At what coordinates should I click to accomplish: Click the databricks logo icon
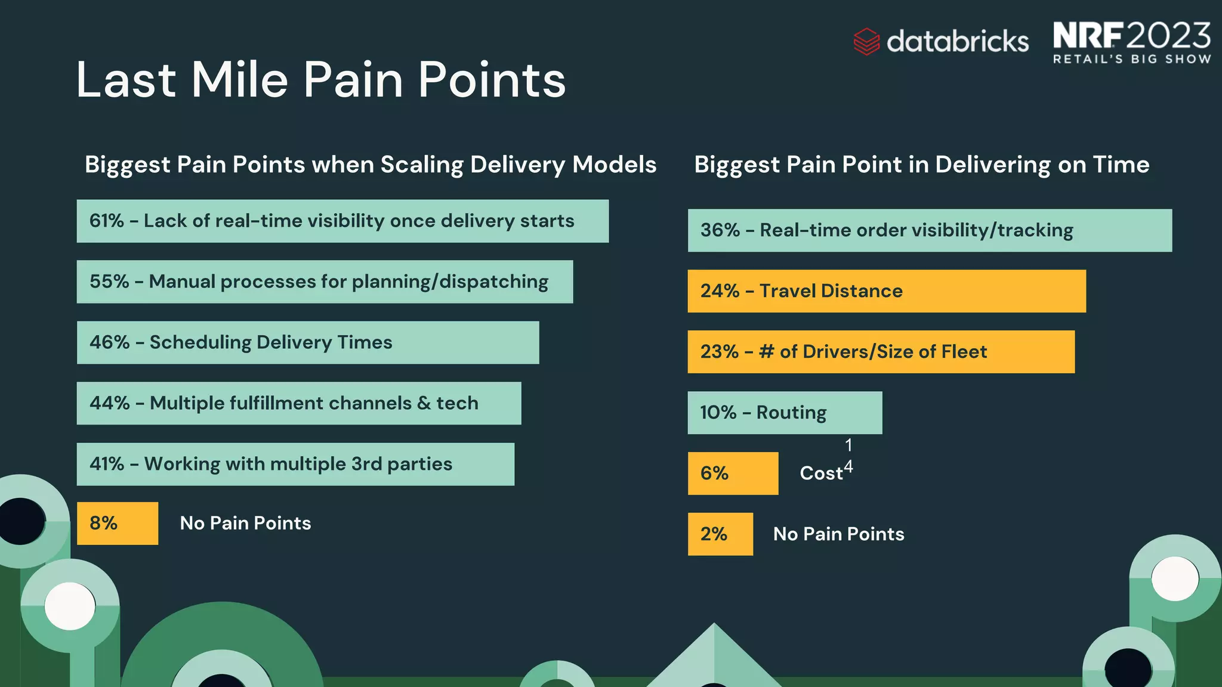(866, 42)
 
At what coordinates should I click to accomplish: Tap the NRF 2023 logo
(1131, 42)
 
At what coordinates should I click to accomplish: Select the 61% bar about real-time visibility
(342, 221)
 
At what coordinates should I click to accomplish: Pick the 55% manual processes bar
(325, 282)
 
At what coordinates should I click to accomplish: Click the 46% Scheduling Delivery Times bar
(308, 343)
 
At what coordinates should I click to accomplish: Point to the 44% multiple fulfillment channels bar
(298, 404)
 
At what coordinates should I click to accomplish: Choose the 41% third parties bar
(295, 465)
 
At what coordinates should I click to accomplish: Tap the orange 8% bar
(118, 524)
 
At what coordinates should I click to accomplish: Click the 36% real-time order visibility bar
(930, 231)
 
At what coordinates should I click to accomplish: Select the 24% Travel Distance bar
(887, 292)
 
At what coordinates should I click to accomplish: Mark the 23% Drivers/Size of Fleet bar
(881, 352)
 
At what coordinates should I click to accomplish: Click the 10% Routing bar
(785, 413)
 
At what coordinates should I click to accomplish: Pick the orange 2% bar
(720, 534)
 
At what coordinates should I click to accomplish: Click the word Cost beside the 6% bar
(821, 474)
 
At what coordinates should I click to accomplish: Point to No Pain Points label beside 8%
(245, 524)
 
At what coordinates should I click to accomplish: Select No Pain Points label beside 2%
(838, 534)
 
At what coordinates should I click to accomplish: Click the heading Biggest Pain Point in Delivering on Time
(921, 165)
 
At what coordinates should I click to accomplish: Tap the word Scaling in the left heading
(421, 165)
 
